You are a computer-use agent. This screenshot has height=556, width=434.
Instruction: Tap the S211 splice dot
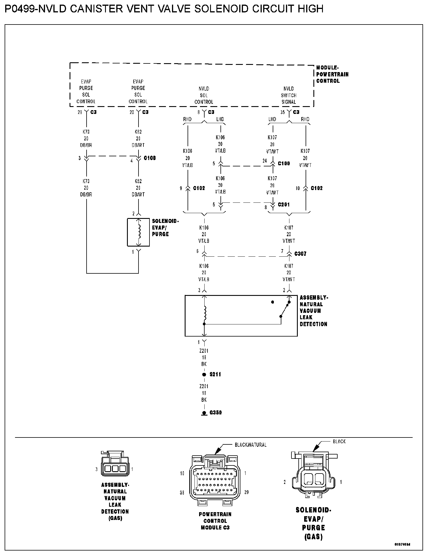[x=204, y=375]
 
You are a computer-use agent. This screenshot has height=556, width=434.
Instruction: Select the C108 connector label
[x=150, y=158]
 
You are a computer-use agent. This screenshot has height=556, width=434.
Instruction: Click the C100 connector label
[x=284, y=164]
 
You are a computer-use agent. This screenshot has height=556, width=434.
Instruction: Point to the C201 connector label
[x=284, y=205]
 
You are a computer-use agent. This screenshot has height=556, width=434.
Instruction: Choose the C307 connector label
[x=300, y=254]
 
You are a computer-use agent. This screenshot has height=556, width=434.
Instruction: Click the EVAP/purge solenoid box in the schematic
[x=139, y=232]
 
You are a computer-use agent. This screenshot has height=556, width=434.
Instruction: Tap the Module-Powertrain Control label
[x=332, y=74]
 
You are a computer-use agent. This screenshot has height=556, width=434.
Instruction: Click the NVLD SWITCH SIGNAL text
[x=289, y=95]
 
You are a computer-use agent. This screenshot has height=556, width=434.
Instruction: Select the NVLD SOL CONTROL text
[x=204, y=95]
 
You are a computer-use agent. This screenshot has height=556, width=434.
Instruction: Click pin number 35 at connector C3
[x=283, y=112]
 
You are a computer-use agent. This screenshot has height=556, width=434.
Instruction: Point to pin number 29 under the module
[x=80, y=112]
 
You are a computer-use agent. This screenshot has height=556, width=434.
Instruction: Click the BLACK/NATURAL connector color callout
[x=250, y=445]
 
